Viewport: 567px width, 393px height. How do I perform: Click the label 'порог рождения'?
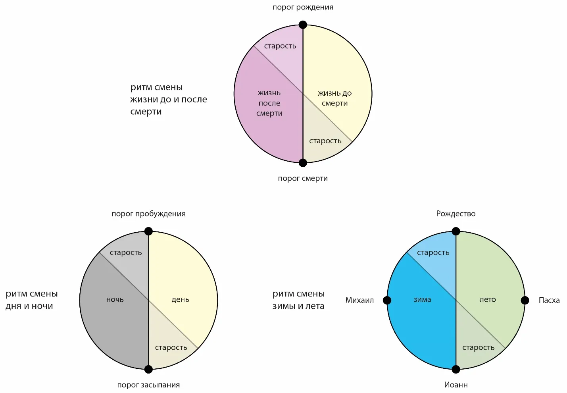(x=303, y=7)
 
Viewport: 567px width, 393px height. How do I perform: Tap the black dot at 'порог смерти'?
(x=303, y=163)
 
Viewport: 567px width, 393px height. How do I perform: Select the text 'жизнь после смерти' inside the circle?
(x=269, y=103)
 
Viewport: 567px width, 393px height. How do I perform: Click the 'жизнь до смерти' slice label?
(x=334, y=98)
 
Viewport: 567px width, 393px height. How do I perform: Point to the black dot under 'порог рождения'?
(x=303, y=25)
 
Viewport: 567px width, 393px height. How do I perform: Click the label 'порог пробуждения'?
(x=148, y=214)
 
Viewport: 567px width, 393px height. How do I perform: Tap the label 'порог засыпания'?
(x=148, y=385)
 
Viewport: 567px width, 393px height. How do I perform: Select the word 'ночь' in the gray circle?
(x=115, y=300)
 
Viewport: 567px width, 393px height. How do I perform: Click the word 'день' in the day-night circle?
(x=180, y=300)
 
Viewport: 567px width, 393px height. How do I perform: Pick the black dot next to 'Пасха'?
(x=525, y=301)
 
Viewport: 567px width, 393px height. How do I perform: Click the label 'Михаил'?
(x=359, y=301)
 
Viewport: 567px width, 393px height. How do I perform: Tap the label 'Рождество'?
(x=456, y=214)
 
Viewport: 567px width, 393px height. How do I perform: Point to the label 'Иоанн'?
(x=456, y=385)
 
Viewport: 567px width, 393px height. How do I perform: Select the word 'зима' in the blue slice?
(x=422, y=300)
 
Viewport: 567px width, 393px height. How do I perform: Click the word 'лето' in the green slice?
(x=488, y=300)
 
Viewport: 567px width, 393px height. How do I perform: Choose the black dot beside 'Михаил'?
(x=387, y=301)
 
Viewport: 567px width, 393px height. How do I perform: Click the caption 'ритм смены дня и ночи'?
(x=31, y=300)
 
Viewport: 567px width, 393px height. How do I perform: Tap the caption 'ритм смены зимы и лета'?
(x=298, y=300)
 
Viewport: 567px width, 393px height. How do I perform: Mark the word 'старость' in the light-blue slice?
(x=433, y=253)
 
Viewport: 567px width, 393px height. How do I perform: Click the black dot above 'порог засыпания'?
(x=148, y=370)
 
